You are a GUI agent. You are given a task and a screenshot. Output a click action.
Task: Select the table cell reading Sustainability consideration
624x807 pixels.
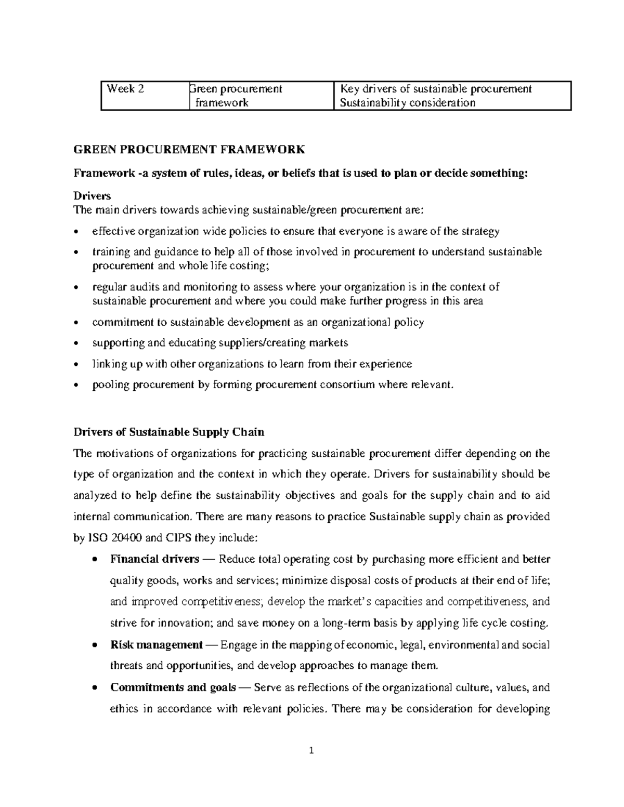pyautogui.click(x=407, y=103)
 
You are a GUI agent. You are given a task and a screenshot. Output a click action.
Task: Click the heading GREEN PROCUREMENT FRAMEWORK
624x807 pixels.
pyautogui.click(x=189, y=150)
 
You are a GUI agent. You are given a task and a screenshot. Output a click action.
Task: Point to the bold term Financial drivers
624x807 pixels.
pyautogui.click(x=154, y=559)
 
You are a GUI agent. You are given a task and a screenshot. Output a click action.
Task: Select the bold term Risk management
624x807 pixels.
pyautogui.click(x=156, y=645)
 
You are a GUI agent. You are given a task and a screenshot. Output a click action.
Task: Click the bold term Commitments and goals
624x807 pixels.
pyautogui.click(x=173, y=687)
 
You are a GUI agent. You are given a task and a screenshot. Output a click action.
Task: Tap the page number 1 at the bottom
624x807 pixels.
pyautogui.click(x=311, y=750)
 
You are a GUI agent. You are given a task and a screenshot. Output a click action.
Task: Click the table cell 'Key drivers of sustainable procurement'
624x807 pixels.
pyautogui.click(x=435, y=89)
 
